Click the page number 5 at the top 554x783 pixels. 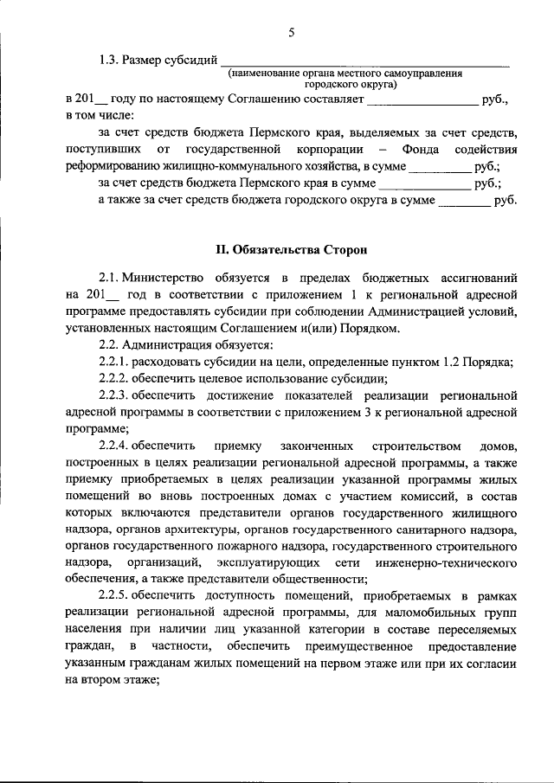tap(292, 33)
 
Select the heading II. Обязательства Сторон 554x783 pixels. tap(292, 250)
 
